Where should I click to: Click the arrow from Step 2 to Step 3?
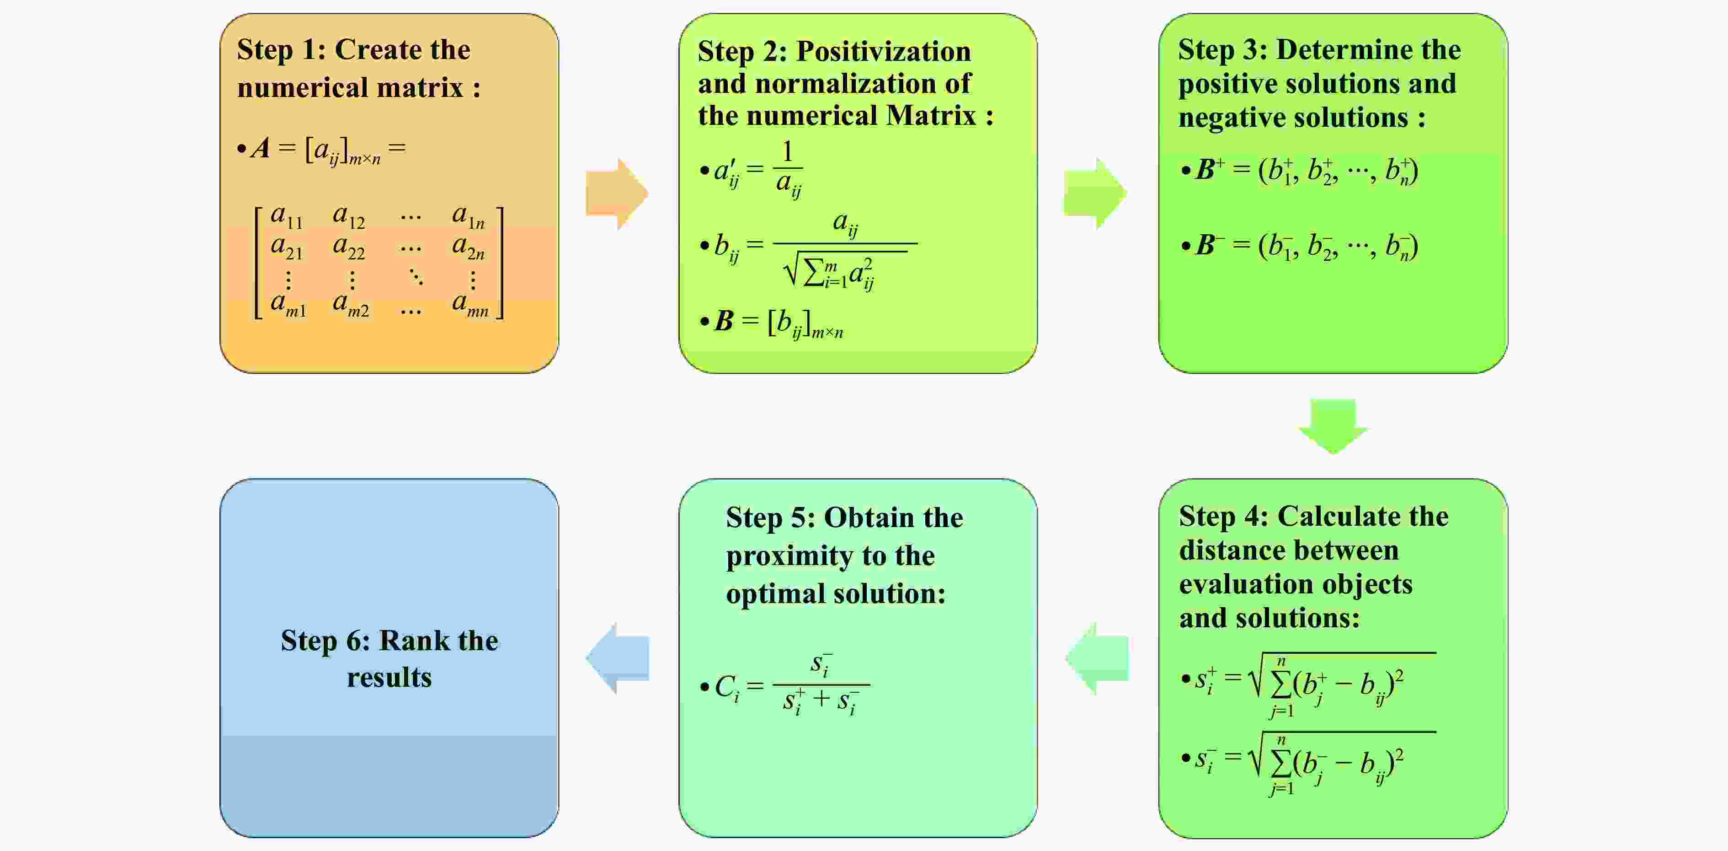pyautogui.click(x=1094, y=194)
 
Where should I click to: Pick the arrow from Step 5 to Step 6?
pyautogui.click(x=618, y=658)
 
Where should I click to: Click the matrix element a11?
pyautogui.click(x=287, y=216)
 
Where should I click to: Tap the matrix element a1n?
pyautogui.click(x=468, y=216)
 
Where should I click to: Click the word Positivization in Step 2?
pyautogui.click(x=883, y=52)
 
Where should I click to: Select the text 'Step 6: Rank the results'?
pyautogui.click(x=389, y=658)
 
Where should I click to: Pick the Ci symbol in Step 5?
pyautogui.click(x=726, y=687)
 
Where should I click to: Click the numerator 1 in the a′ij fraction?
pyautogui.click(x=788, y=152)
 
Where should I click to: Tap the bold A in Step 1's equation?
pyautogui.click(x=260, y=148)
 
